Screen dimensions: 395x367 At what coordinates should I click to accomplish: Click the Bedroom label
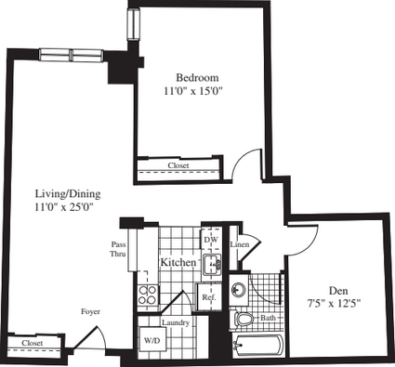tap(197, 77)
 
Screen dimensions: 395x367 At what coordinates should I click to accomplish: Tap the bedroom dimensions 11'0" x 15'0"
tap(194, 91)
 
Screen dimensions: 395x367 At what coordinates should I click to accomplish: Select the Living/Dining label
tap(68, 194)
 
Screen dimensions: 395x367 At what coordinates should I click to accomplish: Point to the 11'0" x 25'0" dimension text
tap(64, 207)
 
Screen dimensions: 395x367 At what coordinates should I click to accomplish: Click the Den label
tap(338, 291)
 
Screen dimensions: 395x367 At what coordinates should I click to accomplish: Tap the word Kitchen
tap(178, 262)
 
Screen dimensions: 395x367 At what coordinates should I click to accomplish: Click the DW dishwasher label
tap(211, 240)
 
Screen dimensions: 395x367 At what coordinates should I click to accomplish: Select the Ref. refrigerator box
tap(209, 296)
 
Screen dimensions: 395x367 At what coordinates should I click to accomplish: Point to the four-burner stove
tap(148, 295)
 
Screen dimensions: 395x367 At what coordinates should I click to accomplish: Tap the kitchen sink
tap(213, 264)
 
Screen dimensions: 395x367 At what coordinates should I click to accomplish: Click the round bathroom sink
tap(239, 290)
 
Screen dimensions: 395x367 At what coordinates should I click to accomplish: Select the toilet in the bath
tap(242, 319)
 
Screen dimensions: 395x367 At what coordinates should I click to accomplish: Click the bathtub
tap(257, 345)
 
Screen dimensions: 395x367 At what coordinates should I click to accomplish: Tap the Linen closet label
tap(240, 244)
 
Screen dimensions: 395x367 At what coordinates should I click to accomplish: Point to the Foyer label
tap(90, 312)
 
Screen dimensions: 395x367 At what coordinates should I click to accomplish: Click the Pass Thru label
tap(118, 249)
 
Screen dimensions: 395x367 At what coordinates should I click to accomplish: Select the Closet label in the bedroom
tap(178, 165)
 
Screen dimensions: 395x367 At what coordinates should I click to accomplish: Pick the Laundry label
tap(176, 322)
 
